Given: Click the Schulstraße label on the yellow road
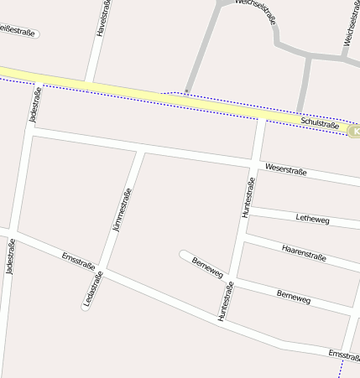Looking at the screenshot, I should pos(321,125).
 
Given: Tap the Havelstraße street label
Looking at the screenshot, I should pos(102,18).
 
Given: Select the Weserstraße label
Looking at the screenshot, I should pos(286,171).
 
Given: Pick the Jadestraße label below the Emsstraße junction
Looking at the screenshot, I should pos(10,256).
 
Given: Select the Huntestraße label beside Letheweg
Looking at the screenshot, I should pos(248,199).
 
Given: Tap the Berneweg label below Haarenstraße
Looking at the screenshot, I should pos(293,298).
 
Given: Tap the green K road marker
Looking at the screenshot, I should pos(356,131).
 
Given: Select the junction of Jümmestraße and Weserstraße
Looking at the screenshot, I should pos(139,151).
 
